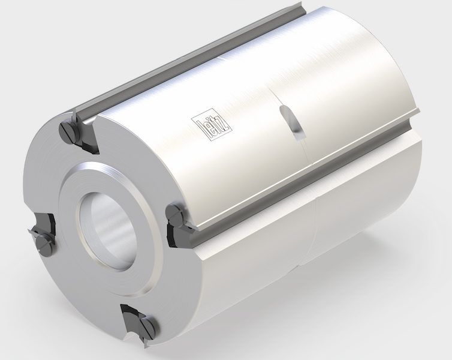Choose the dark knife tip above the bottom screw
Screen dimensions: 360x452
133,312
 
